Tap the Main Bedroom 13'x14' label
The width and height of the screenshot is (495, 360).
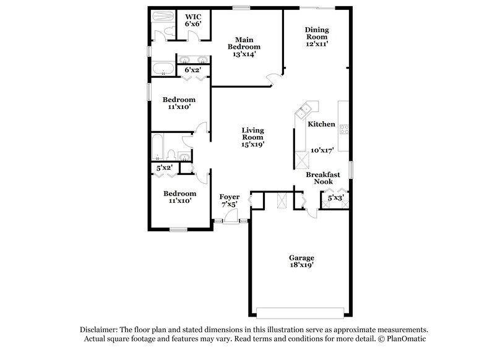pyautogui.click(x=244, y=47)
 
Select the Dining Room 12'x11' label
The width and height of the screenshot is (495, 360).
pyautogui.click(x=316, y=36)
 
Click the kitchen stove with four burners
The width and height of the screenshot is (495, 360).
pyautogui.click(x=344, y=129)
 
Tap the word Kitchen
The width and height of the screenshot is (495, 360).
pyautogui.click(x=322, y=124)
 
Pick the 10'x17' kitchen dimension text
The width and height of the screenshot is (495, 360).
pyautogui.click(x=322, y=150)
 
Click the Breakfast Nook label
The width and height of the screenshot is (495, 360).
pyautogui.click(x=322, y=178)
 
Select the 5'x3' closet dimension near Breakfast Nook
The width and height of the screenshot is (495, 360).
pyautogui.click(x=335, y=199)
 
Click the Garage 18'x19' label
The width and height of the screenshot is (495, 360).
pyautogui.click(x=302, y=261)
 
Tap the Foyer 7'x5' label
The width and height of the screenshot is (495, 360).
pyautogui.click(x=229, y=200)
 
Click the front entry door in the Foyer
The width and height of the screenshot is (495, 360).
pyautogui.click(x=230, y=216)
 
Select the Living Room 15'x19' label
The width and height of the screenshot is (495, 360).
pyautogui.click(x=252, y=137)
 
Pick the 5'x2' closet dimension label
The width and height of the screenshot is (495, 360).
pyautogui.click(x=164, y=168)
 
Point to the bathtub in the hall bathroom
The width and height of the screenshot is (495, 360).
pyautogui.click(x=158, y=147)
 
